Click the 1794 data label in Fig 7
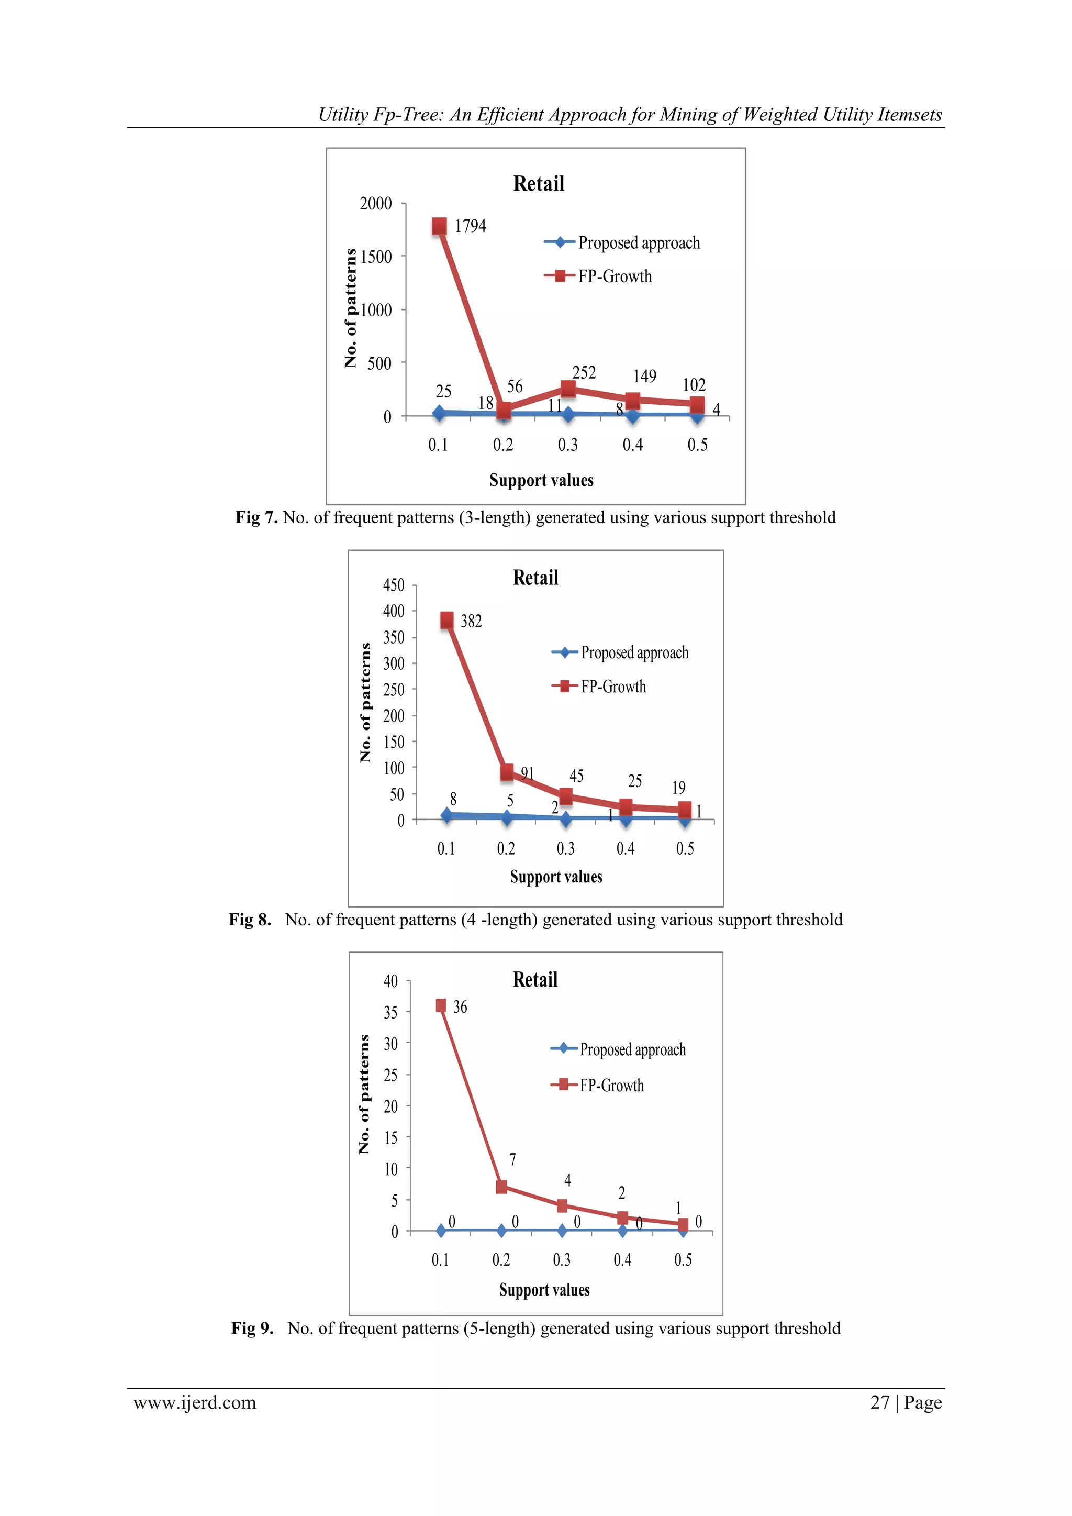coord(470,226)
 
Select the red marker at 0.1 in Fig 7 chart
coord(439,226)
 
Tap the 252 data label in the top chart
coord(584,373)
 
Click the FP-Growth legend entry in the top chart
coord(614,276)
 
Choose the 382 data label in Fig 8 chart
coord(471,621)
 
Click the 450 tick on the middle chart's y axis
coord(394,585)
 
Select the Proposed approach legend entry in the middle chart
coord(634,653)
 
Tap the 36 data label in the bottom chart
coord(460,1007)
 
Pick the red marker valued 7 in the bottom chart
coord(501,1187)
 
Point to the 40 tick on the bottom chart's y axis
coord(391,981)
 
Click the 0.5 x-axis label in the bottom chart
coord(683,1260)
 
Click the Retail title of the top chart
coord(539,184)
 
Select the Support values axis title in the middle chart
coord(556,877)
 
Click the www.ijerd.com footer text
coord(195,1402)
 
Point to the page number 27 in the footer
coord(880,1402)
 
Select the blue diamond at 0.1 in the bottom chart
coord(441,1231)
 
